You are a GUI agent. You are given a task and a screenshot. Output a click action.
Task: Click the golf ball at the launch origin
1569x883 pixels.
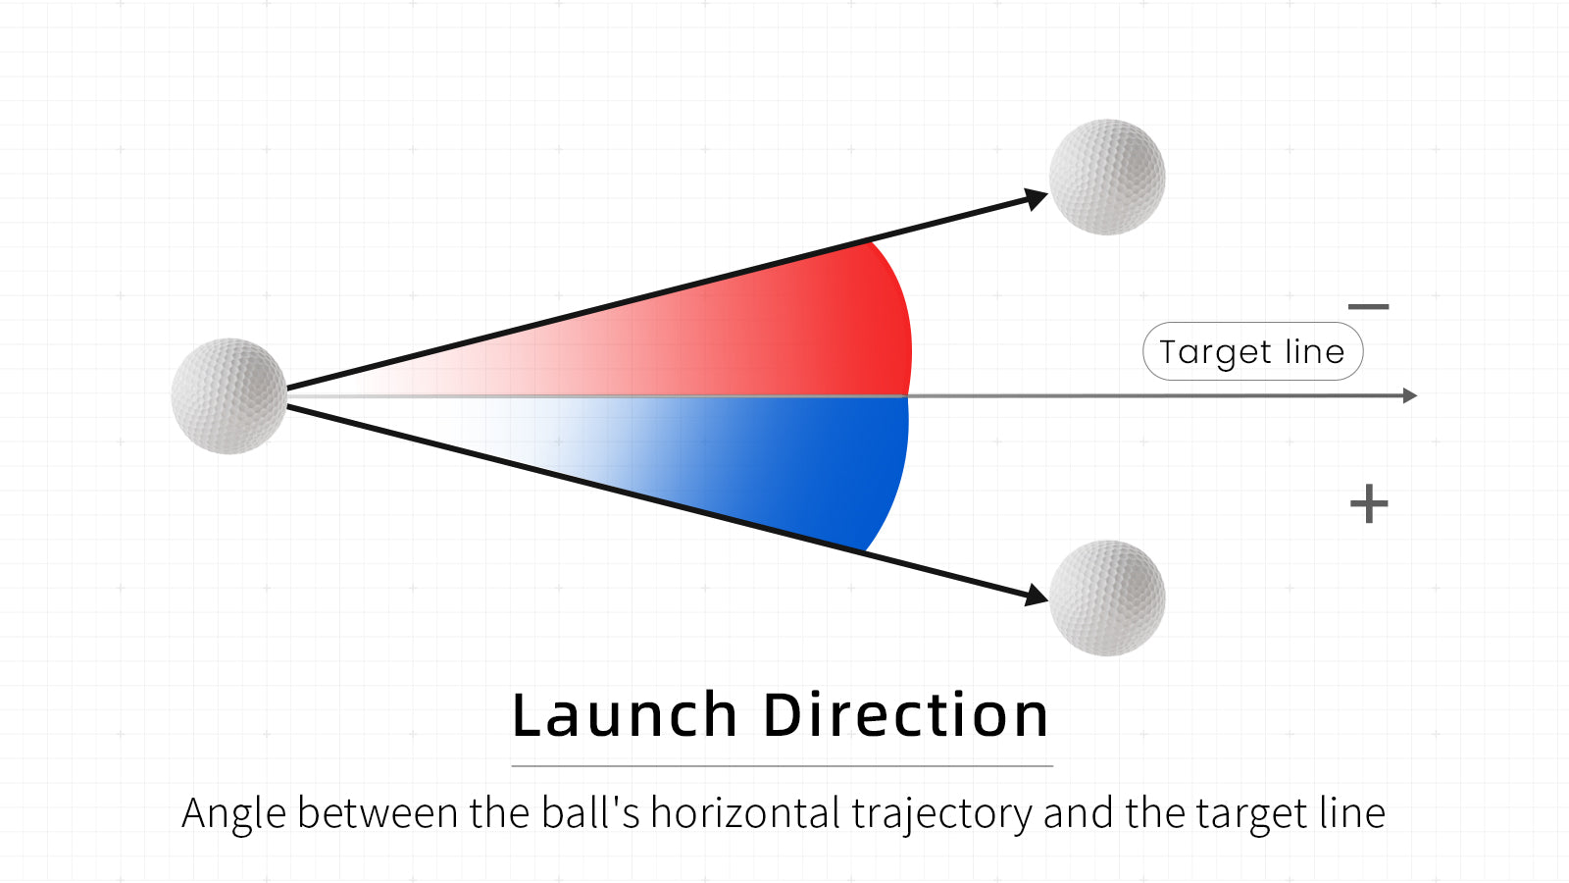tap(229, 396)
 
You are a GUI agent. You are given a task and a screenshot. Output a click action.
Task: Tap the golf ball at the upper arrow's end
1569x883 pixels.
tap(1107, 177)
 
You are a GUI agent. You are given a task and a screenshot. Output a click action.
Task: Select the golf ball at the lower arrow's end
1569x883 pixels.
tap(1107, 597)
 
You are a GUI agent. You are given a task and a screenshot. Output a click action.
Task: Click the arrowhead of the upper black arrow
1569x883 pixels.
tap(1036, 198)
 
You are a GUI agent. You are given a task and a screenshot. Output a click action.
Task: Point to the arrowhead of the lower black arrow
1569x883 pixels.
tap(1036, 596)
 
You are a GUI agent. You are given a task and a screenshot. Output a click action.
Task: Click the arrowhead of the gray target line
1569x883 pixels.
tap(1410, 396)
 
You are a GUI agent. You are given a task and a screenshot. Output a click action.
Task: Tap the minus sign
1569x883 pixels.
tap(1368, 306)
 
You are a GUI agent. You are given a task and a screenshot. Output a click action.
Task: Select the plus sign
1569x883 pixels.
tap(1369, 503)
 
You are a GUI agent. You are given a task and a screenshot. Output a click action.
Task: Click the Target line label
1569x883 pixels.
tap(1252, 351)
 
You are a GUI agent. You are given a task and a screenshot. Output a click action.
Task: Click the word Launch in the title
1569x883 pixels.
tap(625, 715)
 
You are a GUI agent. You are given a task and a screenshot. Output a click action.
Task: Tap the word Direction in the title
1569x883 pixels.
tap(906, 715)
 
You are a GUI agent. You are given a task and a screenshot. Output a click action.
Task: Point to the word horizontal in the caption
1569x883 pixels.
tap(745, 813)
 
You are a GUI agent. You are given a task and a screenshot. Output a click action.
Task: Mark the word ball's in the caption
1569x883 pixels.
tap(590, 813)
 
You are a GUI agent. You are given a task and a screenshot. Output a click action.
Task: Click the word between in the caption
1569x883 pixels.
tap(379, 813)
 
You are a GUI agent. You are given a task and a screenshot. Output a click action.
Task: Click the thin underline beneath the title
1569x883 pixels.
tap(782, 766)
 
